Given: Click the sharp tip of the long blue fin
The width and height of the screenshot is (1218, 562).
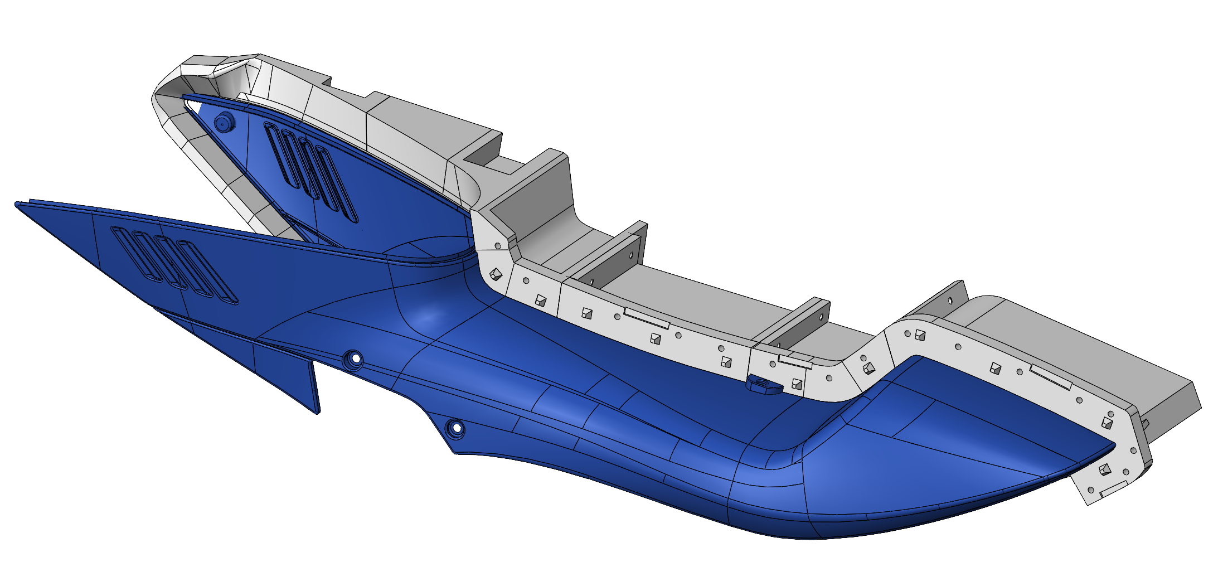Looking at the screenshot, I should click(17, 205).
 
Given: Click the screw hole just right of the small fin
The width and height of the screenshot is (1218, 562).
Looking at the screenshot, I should click(353, 358).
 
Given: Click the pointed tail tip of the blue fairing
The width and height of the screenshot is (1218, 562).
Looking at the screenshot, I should click(1113, 445).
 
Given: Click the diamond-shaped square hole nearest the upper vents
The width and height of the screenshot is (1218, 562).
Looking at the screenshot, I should click(495, 274).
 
